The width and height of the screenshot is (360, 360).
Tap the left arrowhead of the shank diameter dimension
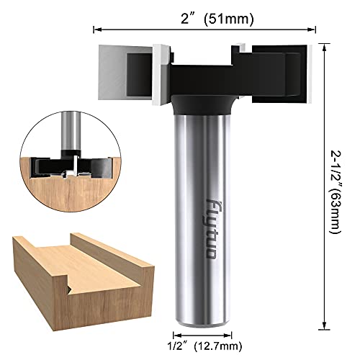pyautogui.click(x=174, y=332)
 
